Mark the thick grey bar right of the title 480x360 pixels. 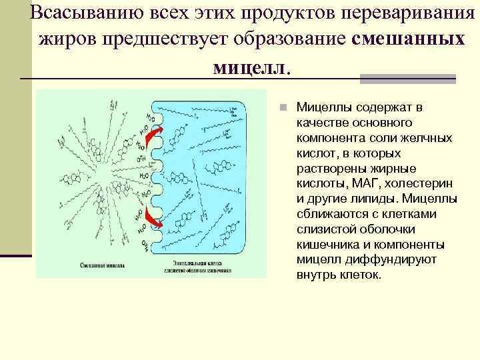(x=407, y=79)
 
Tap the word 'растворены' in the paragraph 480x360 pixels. (x=327, y=168)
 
